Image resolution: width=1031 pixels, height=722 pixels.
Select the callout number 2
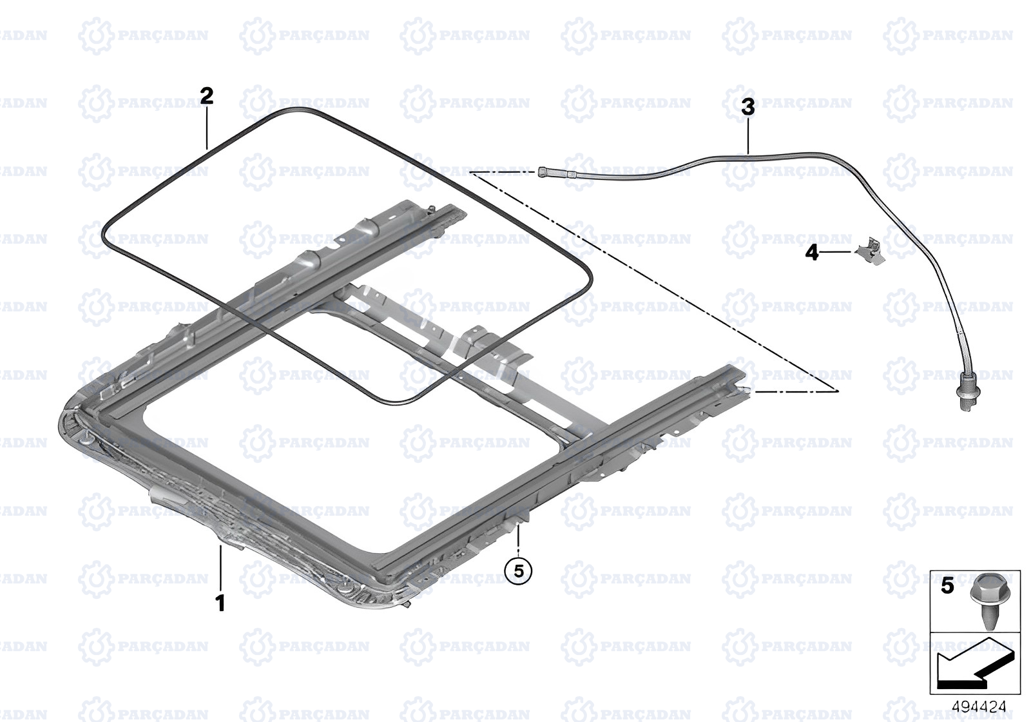coord(207,96)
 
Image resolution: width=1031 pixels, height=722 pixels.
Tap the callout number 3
coord(748,107)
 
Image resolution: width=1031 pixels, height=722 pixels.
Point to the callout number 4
coord(812,253)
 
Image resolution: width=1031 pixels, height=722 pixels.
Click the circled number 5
coord(518,571)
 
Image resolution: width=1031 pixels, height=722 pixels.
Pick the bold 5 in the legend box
coord(947,586)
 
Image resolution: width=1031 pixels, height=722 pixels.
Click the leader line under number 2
coord(207,127)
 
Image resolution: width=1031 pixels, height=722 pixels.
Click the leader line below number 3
coord(748,137)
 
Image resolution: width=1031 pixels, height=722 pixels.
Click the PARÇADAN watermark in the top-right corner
coord(948,35)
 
